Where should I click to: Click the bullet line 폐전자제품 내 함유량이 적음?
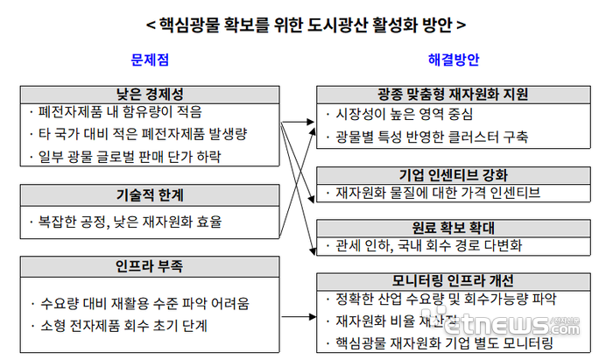click(x=121, y=112)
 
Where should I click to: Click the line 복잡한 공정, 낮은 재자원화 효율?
click(x=130, y=222)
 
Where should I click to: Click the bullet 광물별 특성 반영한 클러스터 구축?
click(x=431, y=138)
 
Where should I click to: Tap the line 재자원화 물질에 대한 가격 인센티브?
click(x=432, y=192)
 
